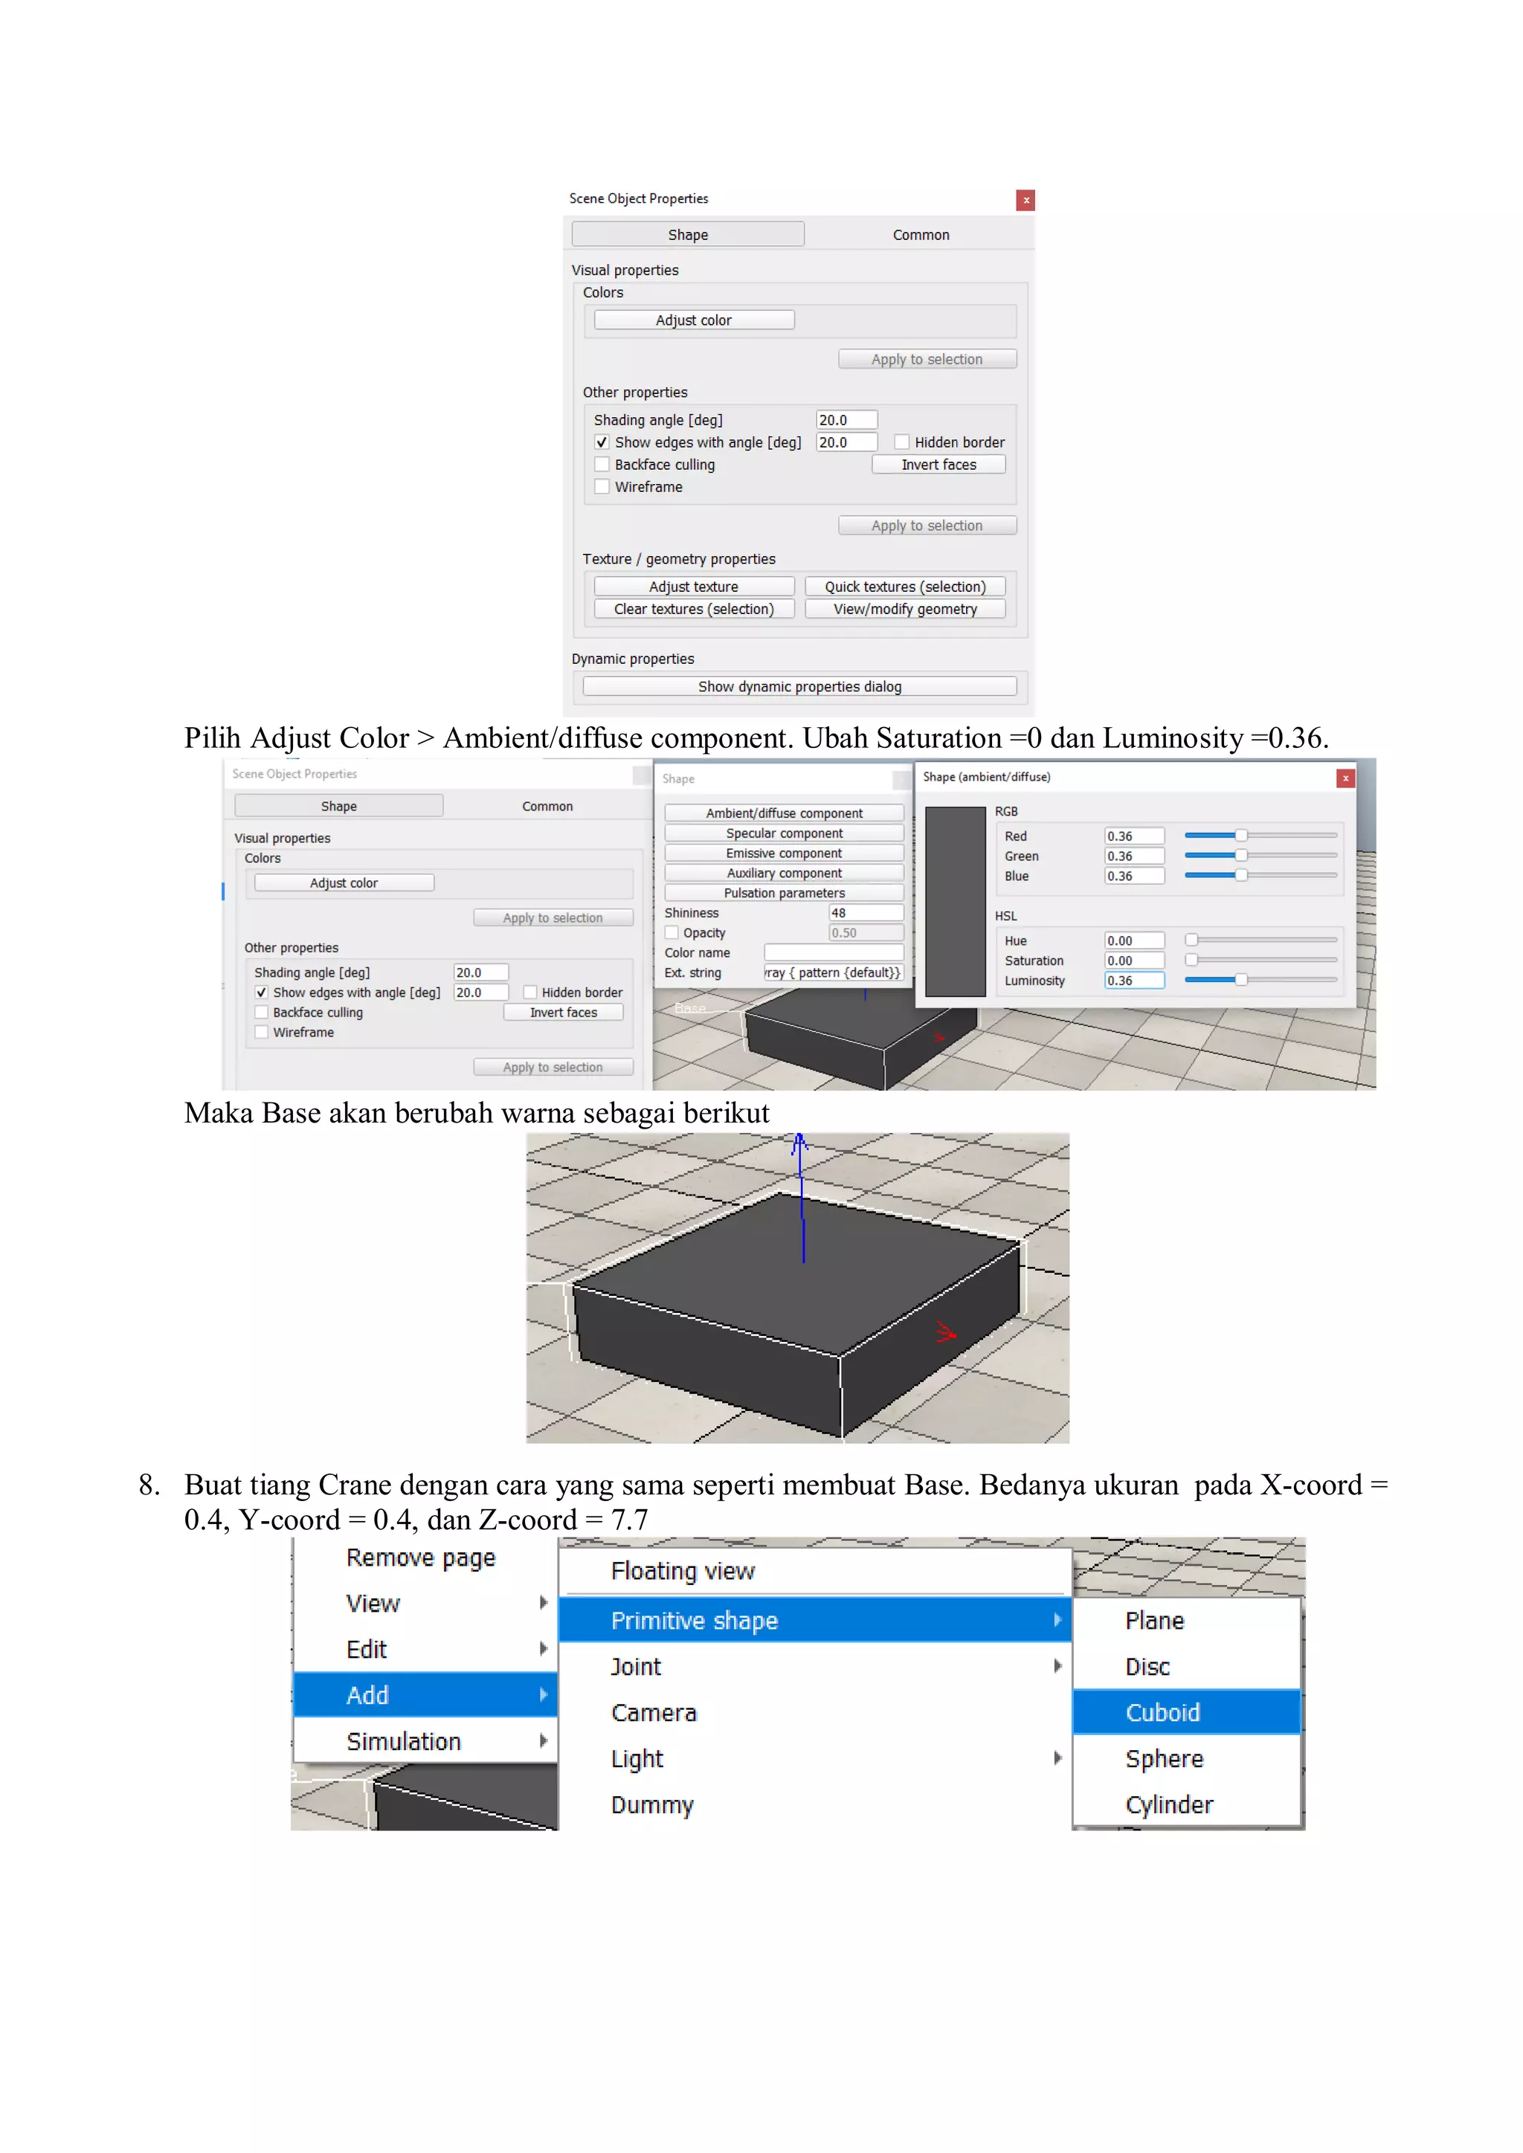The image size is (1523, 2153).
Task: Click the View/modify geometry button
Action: (904, 610)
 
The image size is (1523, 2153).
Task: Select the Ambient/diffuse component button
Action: (783, 813)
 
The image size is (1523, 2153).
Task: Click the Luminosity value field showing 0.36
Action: (1132, 981)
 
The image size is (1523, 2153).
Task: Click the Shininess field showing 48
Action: (865, 912)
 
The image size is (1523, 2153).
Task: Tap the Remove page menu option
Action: (420, 1558)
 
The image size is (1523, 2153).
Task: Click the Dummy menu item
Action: (651, 1804)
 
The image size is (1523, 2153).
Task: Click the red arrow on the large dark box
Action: (945, 1331)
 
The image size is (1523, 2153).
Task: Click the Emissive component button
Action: (783, 853)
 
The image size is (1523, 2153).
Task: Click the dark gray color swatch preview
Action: (955, 901)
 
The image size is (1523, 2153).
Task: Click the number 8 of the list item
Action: (148, 1485)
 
